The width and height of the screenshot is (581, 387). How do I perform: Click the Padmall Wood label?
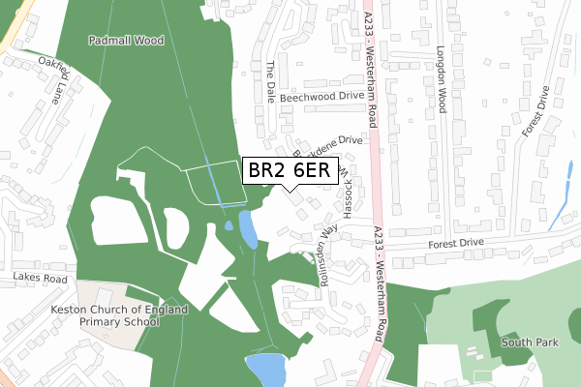(x=126, y=42)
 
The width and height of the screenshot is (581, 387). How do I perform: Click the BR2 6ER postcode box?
(x=290, y=170)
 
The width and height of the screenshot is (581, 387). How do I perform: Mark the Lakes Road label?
(x=39, y=279)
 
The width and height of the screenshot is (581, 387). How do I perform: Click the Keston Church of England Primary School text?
(x=105, y=317)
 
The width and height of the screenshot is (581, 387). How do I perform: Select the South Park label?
(x=528, y=342)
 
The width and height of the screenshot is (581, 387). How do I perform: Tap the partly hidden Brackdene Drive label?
(x=334, y=142)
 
